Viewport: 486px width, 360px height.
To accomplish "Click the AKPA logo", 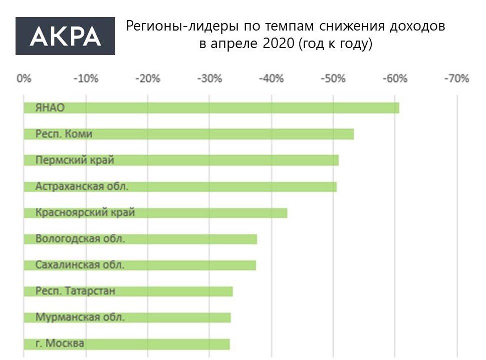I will (x=65, y=36).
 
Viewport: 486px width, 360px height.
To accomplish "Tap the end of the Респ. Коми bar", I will (x=352, y=134).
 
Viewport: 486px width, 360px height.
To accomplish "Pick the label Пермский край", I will (x=75, y=160).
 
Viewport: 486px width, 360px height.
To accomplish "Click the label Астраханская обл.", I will (x=82, y=186).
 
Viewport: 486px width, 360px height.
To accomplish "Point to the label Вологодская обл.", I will (x=80, y=239).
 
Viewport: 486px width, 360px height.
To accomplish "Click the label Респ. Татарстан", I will (x=75, y=291).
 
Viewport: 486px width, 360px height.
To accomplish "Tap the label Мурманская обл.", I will (x=80, y=317).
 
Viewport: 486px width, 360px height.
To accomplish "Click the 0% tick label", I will (x=24, y=79).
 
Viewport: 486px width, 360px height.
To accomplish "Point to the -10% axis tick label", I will (x=86, y=79).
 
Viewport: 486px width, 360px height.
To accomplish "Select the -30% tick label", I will (x=209, y=79).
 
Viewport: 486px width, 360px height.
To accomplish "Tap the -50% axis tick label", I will (x=333, y=79).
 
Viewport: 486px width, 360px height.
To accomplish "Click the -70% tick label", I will (x=456, y=79).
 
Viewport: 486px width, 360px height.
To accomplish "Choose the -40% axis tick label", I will (x=272, y=79).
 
